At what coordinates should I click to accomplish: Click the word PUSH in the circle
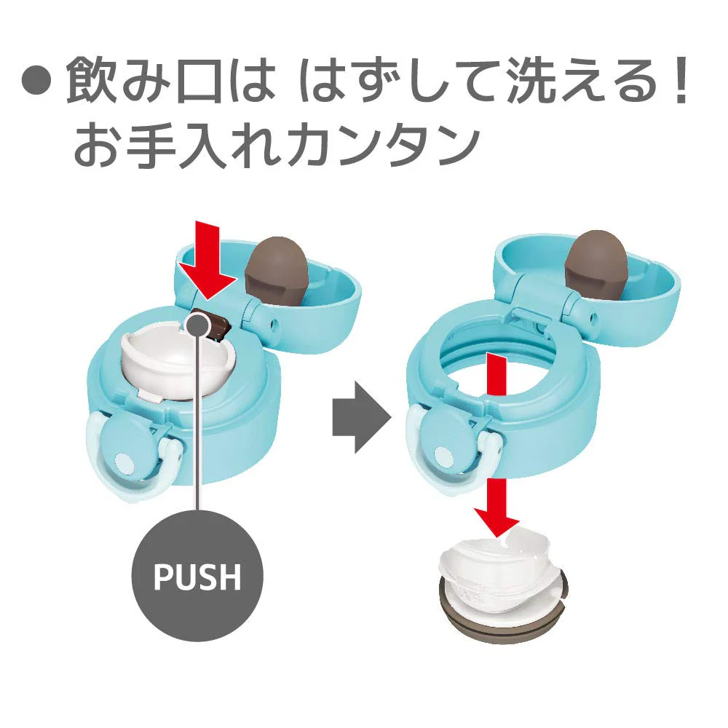[x=197, y=576]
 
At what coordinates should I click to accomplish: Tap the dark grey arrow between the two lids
[x=362, y=411]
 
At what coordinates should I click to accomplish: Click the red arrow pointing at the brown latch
[x=207, y=260]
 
